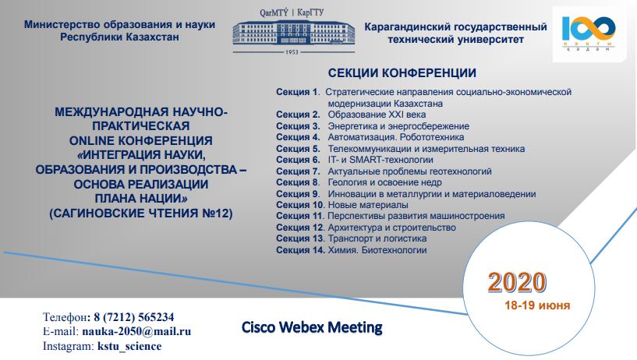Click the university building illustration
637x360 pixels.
293,33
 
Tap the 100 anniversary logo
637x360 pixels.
589,34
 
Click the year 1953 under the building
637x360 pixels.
292,52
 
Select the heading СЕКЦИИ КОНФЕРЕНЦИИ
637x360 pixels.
402,73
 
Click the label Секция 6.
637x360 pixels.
298,160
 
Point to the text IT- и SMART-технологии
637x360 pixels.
380,160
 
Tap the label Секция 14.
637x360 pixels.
301,250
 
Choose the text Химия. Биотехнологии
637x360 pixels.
377,250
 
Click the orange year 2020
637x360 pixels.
517,281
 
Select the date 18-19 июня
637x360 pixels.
537,305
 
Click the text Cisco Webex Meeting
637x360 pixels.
312,326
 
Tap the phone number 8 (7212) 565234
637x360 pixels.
134,317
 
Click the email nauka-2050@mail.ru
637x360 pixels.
136,332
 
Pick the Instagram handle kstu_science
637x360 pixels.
129,346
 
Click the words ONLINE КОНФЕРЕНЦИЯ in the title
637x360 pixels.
141,141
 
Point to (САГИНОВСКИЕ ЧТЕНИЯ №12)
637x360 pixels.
141,214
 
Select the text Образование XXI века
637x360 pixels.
377,115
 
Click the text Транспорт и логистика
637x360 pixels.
377,238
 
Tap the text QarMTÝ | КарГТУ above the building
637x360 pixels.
292,12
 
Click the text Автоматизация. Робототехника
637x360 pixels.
396,137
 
